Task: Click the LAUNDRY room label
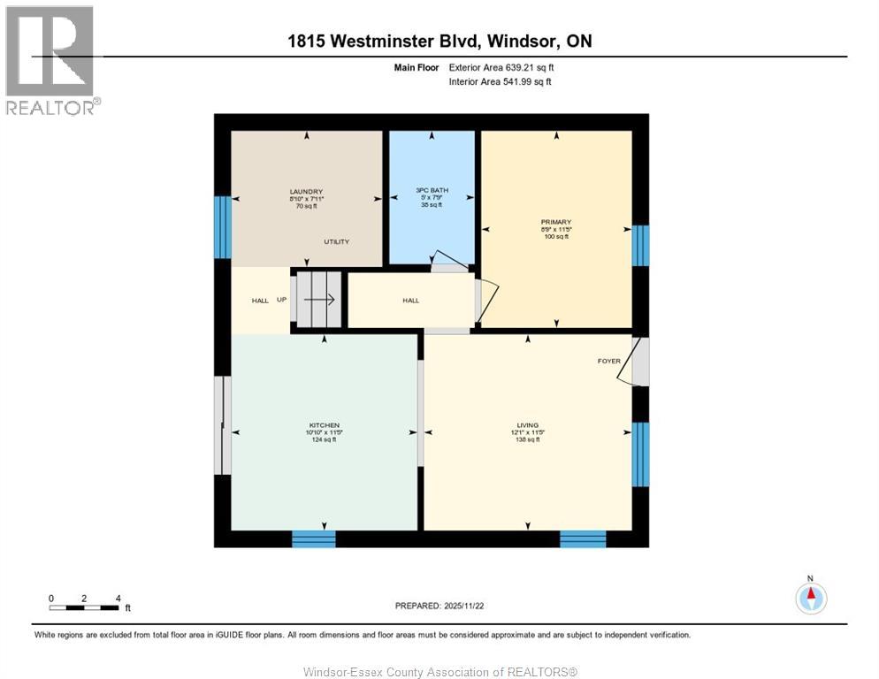306,192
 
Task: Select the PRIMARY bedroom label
555,222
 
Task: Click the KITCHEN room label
324,425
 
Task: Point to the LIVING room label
528,425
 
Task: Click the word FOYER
608,361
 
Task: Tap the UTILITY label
336,241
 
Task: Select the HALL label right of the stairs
410,301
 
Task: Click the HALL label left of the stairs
260,301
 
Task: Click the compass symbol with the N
810,598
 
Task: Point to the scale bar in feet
85,607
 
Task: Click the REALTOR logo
50,60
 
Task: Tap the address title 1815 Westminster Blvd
439,41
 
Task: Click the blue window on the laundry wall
222,226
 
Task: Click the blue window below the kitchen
314,538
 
